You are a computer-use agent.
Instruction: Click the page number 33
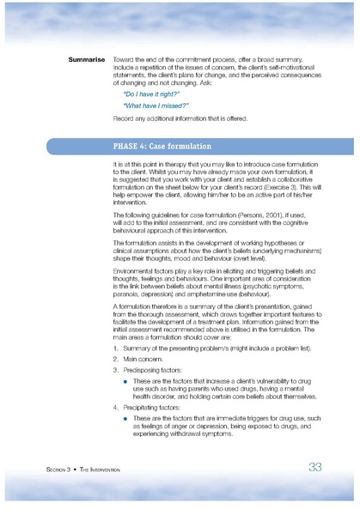[x=314, y=466]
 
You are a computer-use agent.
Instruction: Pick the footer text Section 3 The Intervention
[x=83, y=470]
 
